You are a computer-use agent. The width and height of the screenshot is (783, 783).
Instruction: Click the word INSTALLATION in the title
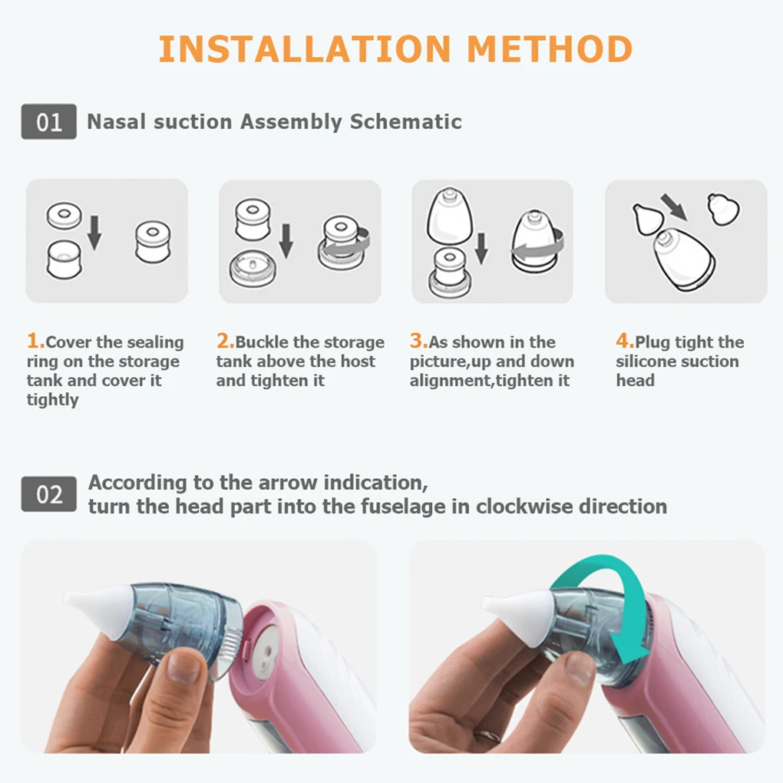coord(304,48)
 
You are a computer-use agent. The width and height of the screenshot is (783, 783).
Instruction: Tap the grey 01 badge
coord(48,122)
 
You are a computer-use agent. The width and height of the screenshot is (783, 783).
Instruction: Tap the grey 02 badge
coord(48,494)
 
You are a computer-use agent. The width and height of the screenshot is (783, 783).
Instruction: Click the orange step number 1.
coord(33,341)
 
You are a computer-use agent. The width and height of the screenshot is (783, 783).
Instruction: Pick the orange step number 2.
coord(223,341)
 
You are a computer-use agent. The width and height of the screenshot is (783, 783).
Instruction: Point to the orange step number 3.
coord(417,341)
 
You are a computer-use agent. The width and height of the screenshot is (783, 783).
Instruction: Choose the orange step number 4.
coord(623,341)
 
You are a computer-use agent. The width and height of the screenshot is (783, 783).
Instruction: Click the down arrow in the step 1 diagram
coord(94,232)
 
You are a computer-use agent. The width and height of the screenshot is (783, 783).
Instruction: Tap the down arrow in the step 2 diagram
coord(286,240)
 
